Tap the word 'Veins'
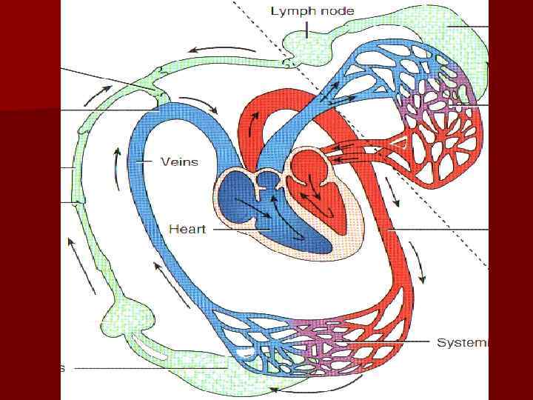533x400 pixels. (180, 161)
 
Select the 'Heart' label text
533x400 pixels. (188, 229)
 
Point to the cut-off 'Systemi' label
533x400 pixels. (462, 342)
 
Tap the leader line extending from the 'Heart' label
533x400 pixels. (222, 230)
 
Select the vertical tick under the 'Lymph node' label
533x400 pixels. (306, 28)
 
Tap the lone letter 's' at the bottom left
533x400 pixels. (62, 368)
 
